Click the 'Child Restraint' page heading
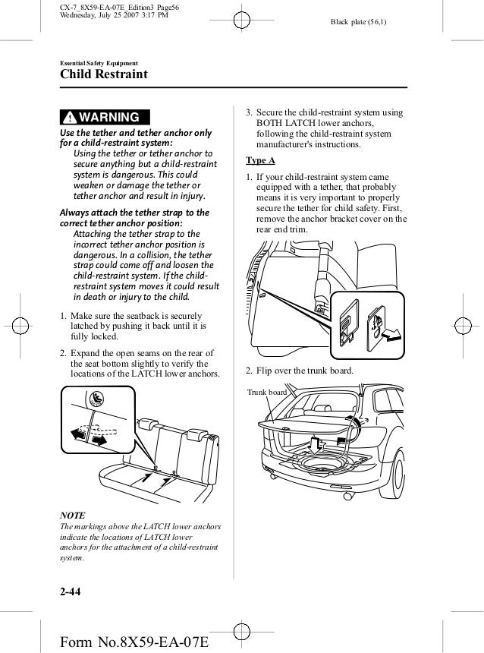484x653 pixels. point(105,74)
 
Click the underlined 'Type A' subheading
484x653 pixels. point(260,161)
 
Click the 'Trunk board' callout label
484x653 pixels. point(267,392)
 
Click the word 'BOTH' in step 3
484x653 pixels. point(270,124)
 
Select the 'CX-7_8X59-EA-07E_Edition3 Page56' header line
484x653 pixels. point(118,8)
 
